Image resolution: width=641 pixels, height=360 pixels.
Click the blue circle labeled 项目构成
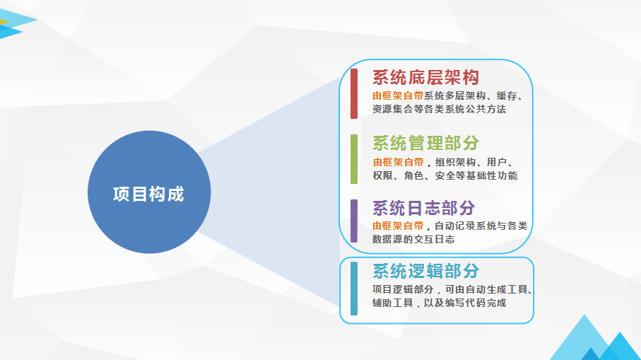click(149, 192)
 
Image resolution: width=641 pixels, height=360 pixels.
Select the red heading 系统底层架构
click(425, 77)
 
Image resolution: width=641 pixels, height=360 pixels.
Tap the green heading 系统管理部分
click(425, 143)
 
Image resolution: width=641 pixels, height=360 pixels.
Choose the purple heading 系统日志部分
click(423, 208)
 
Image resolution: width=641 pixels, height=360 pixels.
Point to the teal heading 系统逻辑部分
click(425, 271)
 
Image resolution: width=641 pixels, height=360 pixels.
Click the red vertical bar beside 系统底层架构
click(354, 93)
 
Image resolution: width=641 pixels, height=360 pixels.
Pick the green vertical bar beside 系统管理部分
click(354, 159)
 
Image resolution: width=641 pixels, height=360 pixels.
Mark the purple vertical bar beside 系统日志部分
click(354, 221)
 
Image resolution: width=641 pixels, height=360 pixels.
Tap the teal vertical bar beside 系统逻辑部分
click(354, 289)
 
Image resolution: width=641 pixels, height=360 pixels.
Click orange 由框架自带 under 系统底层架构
click(398, 95)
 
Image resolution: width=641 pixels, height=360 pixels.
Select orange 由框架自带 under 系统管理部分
click(398, 162)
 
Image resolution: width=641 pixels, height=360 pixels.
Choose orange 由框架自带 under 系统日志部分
click(398, 226)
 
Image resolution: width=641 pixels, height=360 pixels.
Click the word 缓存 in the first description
click(507, 95)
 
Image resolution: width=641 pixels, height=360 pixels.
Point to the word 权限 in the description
click(382, 175)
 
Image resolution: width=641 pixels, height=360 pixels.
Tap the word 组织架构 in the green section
click(455, 162)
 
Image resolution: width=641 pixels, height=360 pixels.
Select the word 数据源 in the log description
click(387, 239)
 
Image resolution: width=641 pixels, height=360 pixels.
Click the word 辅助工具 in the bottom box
click(392, 303)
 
